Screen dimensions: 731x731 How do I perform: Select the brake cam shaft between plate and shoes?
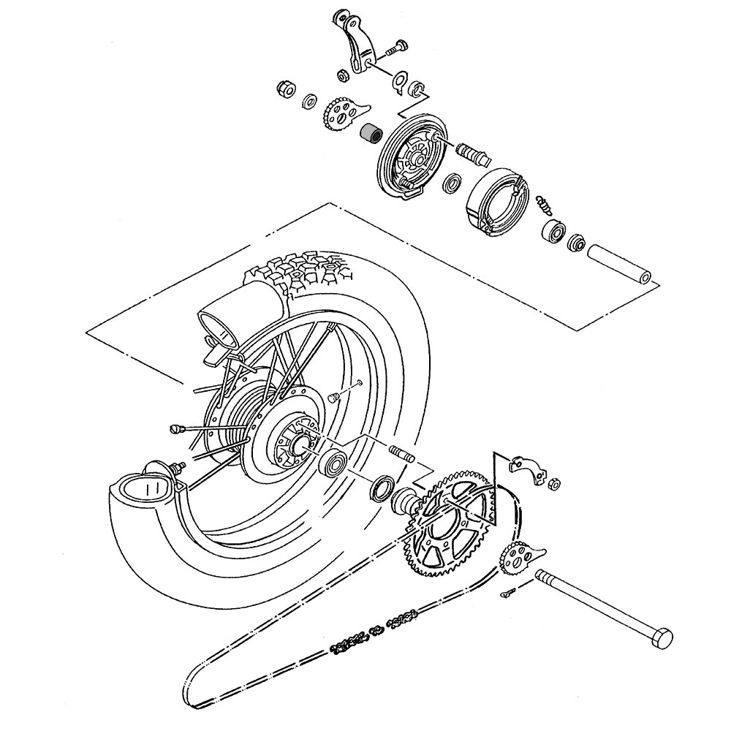coord(473,153)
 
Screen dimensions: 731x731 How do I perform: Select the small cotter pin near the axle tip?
coord(510,593)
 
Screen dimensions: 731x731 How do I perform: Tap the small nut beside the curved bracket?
coord(554,483)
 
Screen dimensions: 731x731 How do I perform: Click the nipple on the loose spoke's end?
coord(175,428)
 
